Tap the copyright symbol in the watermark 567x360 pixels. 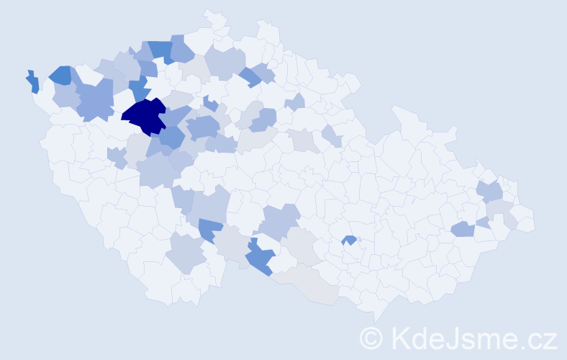[x=371, y=338]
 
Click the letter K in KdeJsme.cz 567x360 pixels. [x=399, y=338]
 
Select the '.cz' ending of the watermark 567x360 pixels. [x=539, y=338]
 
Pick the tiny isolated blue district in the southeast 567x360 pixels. [x=350, y=240]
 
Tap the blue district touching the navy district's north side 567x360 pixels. [x=139, y=89]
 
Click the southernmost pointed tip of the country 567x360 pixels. [x=376, y=318]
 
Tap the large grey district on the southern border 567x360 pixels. [x=309, y=284]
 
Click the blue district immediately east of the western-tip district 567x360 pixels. [x=60, y=75]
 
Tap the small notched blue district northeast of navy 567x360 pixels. [x=209, y=103]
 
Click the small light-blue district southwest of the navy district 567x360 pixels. [x=116, y=156]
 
